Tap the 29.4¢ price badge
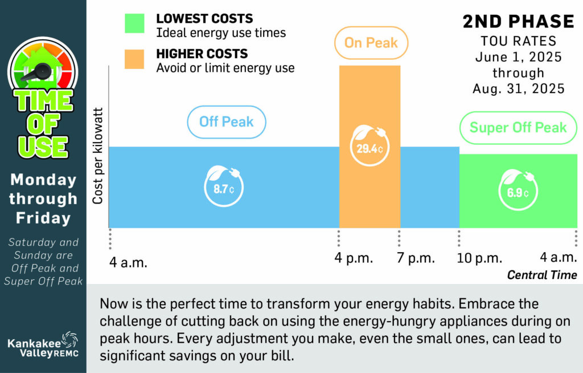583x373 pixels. coord(370,149)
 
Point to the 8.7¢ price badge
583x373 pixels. coord(224,188)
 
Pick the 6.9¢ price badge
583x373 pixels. coord(518,192)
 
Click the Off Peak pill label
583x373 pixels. coord(227,121)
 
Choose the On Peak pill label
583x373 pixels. coord(371,43)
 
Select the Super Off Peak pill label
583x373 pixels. coord(518,127)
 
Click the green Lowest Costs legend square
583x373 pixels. coord(134,25)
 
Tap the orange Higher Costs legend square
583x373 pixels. coord(134,59)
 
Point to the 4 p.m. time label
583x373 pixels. coord(354,258)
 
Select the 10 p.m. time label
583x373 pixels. coord(479,258)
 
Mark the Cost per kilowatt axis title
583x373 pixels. coord(97,155)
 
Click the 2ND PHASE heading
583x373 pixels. coord(518,22)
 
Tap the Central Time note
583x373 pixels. coord(542,275)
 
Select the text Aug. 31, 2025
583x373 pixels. coord(518,89)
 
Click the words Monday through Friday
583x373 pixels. coord(43,198)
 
